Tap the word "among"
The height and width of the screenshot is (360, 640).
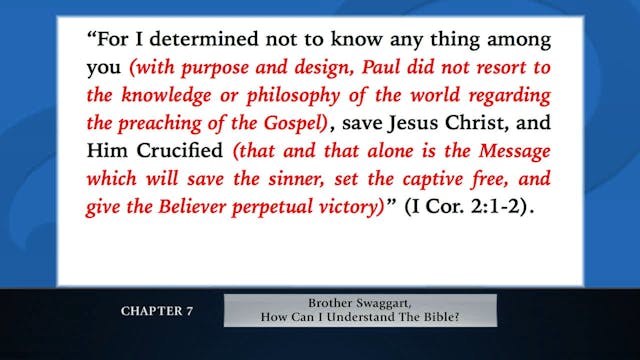511,42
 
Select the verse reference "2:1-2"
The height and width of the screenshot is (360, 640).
509,208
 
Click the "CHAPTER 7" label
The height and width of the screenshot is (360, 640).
157,310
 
